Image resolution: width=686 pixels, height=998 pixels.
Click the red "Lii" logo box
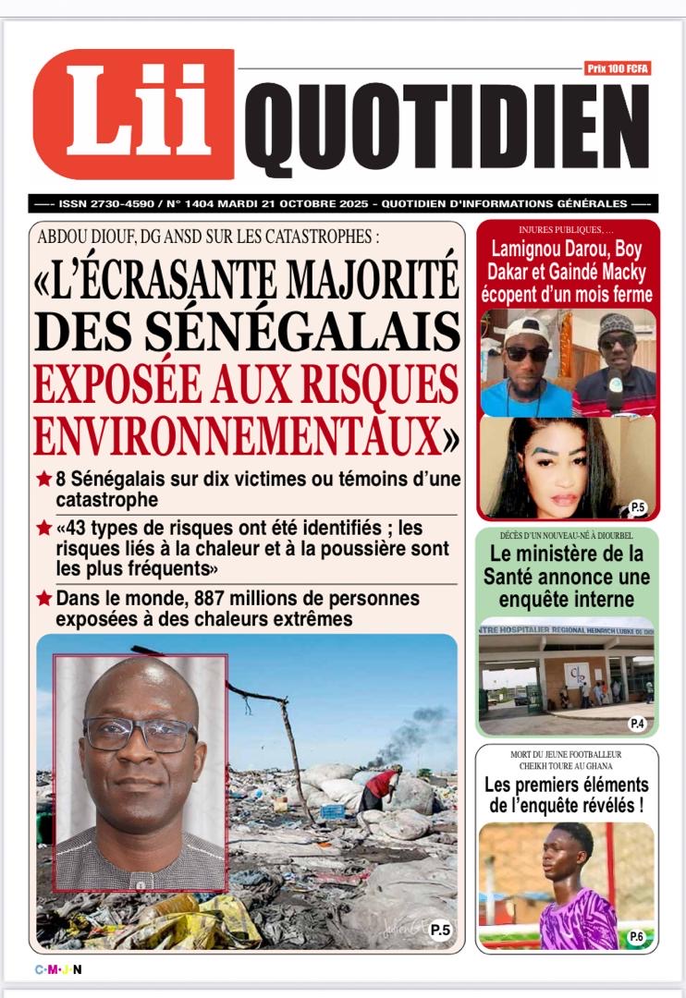pyautogui.click(x=133, y=114)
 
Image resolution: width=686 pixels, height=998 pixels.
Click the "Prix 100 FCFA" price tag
pyautogui.click(x=617, y=67)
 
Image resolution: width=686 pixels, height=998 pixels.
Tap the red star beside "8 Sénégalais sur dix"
pyautogui.click(x=43, y=480)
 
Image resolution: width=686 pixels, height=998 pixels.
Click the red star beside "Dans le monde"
pyautogui.click(x=43, y=598)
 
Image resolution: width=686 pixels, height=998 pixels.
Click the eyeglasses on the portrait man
pyautogui.click(x=140, y=735)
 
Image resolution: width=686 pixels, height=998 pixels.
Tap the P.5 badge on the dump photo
pyautogui.click(x=441, y=931)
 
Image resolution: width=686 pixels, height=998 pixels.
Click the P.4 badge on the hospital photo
pyautogui.click(x=637, y=724)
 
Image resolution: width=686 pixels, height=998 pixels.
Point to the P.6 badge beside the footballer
pyautogui.click(x=637, y=936)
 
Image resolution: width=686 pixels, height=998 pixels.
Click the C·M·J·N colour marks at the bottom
pyautogui.click(x=58, y=969)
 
